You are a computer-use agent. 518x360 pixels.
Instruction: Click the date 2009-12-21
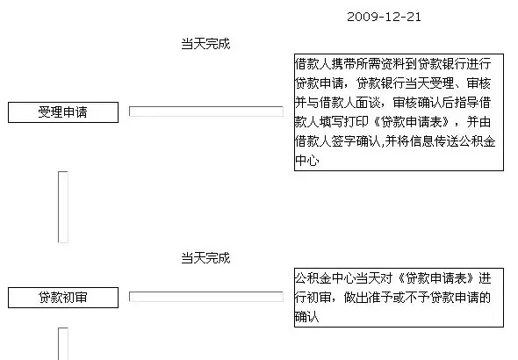point(384,17)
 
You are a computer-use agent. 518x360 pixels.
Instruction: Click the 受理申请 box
point(63,112)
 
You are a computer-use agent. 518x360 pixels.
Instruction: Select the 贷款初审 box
point(63,298)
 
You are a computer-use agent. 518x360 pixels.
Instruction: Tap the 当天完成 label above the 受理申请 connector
point(205,44)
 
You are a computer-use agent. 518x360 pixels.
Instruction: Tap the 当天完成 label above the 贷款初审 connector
point(205,258)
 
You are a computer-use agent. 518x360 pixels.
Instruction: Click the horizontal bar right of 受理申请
point(206,112)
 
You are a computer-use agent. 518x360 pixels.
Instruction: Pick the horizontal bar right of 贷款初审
point(206,297)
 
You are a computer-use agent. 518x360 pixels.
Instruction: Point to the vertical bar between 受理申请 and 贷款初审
point(63,207)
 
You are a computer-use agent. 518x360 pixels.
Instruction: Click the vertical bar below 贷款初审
point(63,344)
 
